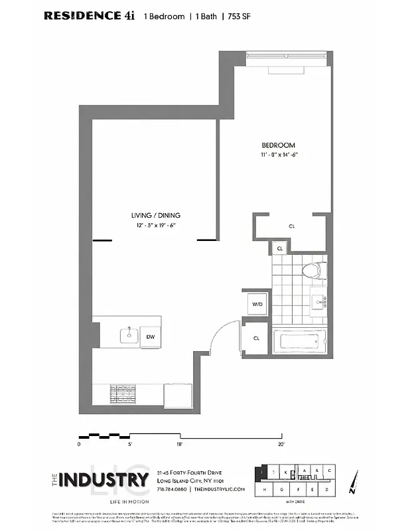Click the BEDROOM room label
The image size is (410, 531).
(x=278, y=145)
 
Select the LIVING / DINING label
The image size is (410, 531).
(x=155, y=215)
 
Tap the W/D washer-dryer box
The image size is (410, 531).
(x=257, y=304)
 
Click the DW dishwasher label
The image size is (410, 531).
(x=151, y=337)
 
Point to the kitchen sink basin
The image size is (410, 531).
(x=127, y=335)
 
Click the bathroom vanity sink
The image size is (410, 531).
(x=321, y=303)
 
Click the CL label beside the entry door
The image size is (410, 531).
(x=256, y=338)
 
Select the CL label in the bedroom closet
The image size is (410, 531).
(x=291, y=226)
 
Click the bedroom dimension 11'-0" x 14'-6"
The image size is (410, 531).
(x=279, y=155)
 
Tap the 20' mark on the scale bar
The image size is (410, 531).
(x=281, y=443)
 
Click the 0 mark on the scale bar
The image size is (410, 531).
(x=79, y=443)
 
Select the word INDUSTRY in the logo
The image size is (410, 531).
(x=103, y=479)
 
